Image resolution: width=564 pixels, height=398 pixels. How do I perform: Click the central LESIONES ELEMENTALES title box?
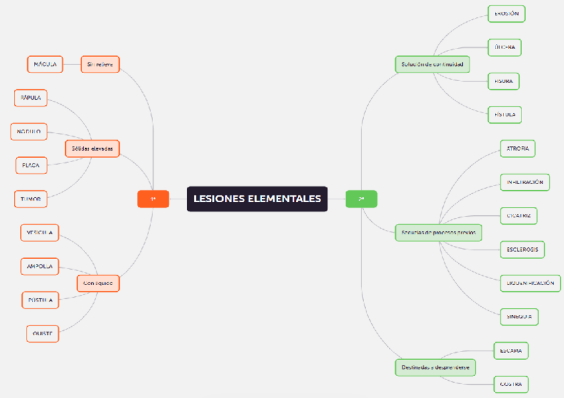(x=257, y=199)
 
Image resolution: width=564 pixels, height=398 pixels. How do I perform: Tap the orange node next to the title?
(x=153, y=199)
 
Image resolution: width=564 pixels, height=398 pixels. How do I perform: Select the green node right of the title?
(x=361, y=199)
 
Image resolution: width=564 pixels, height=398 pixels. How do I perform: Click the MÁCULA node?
(x=45, y=64)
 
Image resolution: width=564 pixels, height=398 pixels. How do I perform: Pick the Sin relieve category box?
(x=100, y=64)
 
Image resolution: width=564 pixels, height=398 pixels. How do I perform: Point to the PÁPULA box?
(x=31, y=98)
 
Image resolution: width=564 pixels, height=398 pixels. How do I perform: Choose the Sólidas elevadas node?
(x=92, y=148)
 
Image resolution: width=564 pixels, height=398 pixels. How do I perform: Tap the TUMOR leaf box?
(x=31, y=199)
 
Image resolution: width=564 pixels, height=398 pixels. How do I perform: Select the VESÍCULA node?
(x=40, y=233)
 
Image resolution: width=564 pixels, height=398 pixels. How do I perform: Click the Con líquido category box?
(x=98, y=283)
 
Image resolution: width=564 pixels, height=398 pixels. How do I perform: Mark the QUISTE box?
(x=43, y=333)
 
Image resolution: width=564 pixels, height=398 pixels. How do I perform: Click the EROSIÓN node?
(x=507, y=14)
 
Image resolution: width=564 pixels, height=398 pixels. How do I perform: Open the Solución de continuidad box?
(x=432, y=64)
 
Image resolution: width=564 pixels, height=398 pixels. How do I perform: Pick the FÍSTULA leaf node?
(x=505, y=114)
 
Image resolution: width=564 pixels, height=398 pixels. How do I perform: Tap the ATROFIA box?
(x=517, y=149)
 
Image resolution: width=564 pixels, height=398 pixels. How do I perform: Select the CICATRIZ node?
(x=518, y=216)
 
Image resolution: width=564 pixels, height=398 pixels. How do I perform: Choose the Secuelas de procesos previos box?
(x=438, y=233)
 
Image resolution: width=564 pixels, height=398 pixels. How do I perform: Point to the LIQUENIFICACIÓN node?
(x=530, y=283)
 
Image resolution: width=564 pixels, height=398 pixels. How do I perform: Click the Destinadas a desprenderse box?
(x=435, y=367)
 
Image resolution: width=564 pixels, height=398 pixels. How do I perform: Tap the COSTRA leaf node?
(x=510, y=384)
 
